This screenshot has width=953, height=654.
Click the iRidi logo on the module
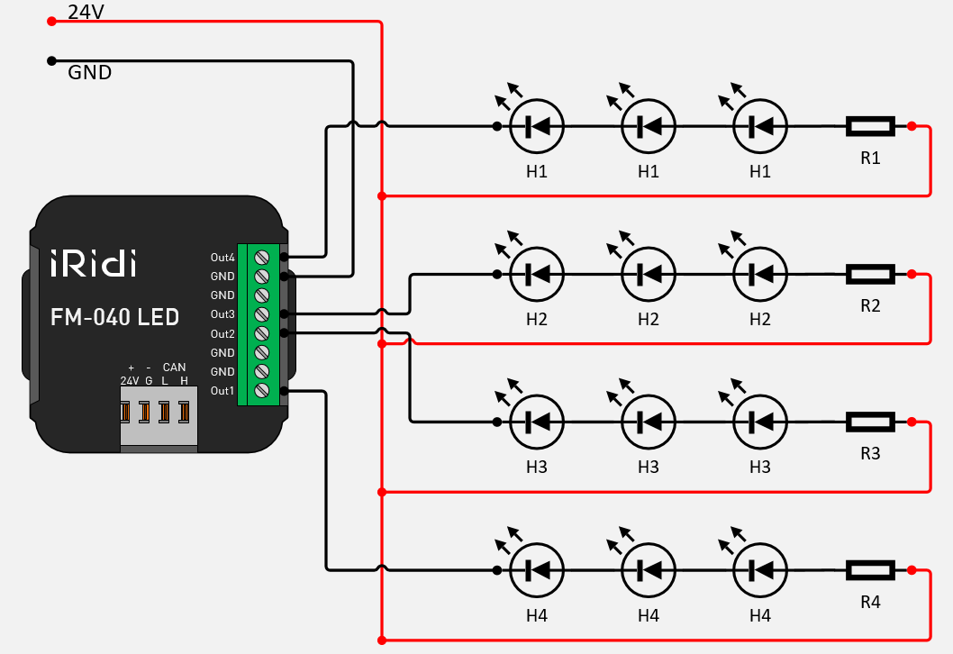94,265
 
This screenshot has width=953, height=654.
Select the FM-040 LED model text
113,317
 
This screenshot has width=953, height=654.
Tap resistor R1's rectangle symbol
869,127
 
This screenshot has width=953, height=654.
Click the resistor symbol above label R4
869,569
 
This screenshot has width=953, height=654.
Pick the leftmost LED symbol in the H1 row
537,127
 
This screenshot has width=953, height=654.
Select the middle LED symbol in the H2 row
649,274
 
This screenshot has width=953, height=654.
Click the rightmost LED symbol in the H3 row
760,421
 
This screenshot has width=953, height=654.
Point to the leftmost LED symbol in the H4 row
537,569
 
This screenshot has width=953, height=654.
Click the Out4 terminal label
222,258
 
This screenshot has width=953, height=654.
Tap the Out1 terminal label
222,391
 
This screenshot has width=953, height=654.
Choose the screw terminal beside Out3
262,314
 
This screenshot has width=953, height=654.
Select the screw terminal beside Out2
262,333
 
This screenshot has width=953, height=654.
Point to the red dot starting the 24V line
51,21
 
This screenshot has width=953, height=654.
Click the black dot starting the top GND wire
51,61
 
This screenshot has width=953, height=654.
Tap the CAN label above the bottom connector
174,368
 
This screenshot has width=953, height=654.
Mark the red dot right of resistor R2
912,274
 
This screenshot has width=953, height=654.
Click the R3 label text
869,453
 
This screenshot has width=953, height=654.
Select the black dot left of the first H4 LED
497,569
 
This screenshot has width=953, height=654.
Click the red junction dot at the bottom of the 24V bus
383,640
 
